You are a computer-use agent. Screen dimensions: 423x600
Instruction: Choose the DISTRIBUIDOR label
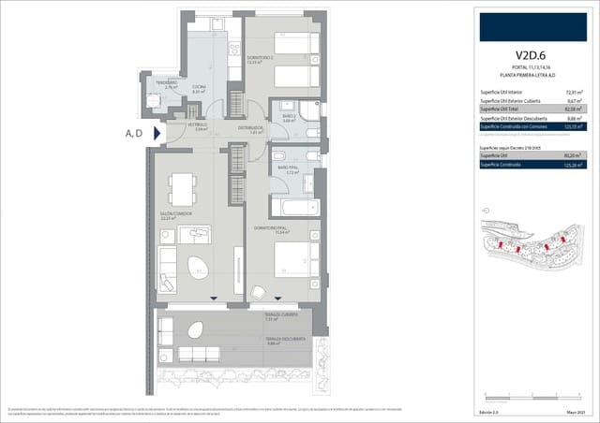click(x=249, y=128)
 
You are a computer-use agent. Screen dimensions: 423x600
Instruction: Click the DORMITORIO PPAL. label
click(x=271, y=227)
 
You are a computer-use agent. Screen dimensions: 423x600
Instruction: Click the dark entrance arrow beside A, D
click(x=158, y=133)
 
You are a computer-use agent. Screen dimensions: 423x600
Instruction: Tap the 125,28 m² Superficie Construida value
click(x=573, y=165)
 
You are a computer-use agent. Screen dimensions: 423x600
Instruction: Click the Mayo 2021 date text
click(x=575, y=413)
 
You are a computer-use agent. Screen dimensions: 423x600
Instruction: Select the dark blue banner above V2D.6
click(x=530, y=25)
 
